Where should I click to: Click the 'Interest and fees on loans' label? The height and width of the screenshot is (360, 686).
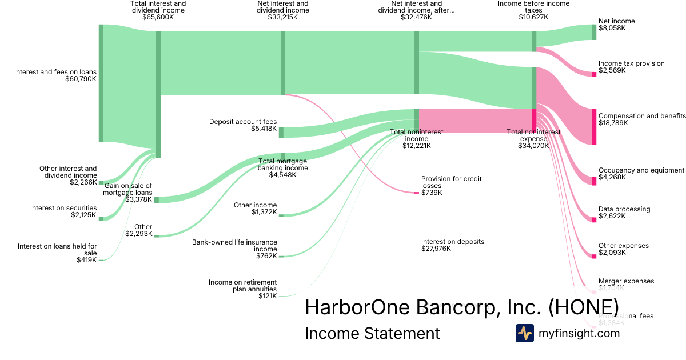coord(55,72)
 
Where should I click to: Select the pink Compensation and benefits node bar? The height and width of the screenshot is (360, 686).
coord(593,126)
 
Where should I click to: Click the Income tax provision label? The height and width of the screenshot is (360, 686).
coord(631,63)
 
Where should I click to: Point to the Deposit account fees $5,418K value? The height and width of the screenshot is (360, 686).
coord(264,129)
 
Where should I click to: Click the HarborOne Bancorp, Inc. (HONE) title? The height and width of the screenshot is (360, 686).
coord(462,306)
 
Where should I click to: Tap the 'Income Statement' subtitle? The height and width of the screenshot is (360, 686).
coord(372,333)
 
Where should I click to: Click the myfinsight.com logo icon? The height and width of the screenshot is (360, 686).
coord(524,333)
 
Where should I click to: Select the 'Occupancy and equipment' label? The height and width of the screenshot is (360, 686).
coord(641,170)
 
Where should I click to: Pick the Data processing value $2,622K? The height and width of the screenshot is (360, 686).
coord(612,216)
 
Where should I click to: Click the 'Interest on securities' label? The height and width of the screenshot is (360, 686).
coord(63,208)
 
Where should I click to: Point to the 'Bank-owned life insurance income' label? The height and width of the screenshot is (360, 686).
coord(234,246)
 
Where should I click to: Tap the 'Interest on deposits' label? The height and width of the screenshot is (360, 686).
coord(452,242)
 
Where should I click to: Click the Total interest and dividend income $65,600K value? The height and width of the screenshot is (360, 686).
coord(158,17)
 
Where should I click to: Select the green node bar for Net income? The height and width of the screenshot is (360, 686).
coord(593,32)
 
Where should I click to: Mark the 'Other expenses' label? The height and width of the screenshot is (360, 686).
coord(623,246)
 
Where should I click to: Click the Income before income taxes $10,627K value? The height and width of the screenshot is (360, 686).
coord(533,17)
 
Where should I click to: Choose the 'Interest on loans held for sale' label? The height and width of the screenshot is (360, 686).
coord(57,250)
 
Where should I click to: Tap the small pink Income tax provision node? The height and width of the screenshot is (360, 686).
coord(593,74)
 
